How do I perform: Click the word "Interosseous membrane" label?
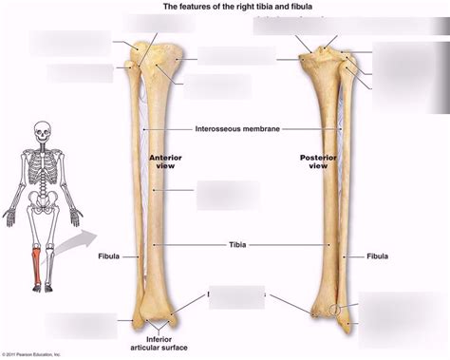pyautogui.click(x=237, y=128)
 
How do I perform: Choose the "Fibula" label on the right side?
pyautogui.click(x=377, y=256)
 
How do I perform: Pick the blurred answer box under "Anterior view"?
pyautogui.click(x=227, y=194)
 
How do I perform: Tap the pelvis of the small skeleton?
pyautogui.click(x=40, y=198)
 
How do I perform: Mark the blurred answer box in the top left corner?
pyautogui.click(x=69, y=42)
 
